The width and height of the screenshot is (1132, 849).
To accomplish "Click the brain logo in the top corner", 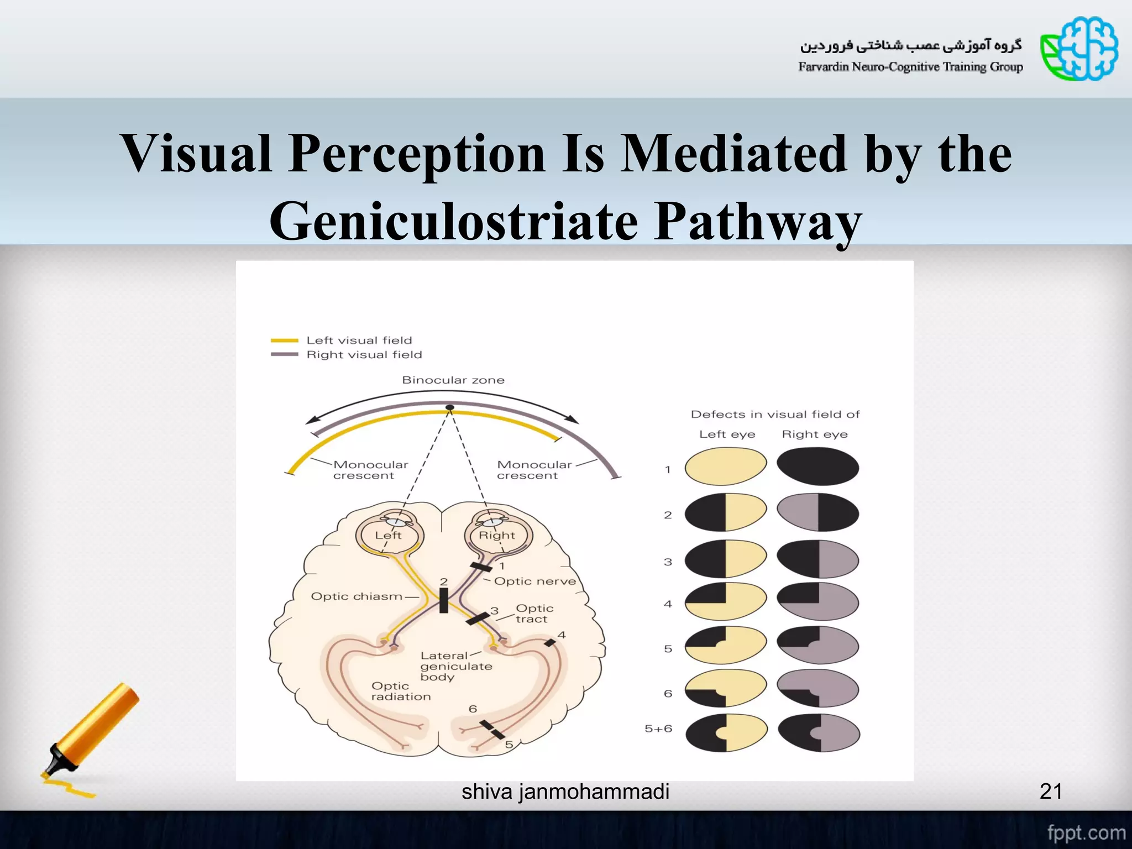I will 1079,49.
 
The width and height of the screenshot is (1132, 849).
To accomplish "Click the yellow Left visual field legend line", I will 284,340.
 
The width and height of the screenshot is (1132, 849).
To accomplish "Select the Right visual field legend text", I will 364,355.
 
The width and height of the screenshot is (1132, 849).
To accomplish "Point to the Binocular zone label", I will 453,380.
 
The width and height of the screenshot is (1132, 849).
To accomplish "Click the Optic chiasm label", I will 357,596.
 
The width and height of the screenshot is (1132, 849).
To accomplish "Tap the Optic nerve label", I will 534,581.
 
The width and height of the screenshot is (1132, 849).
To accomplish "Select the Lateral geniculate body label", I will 455,666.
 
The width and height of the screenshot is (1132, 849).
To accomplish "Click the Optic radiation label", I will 400,691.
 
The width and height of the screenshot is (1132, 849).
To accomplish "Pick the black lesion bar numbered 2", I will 443,601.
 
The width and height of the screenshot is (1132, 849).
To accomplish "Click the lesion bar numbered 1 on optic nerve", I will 481,567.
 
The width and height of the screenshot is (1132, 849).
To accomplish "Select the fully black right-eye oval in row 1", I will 817,467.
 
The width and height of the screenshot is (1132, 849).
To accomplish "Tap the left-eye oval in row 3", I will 726,559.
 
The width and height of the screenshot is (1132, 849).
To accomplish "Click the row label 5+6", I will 658,729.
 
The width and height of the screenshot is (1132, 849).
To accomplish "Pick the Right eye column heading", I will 814,434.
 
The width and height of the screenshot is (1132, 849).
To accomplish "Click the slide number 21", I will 1051,792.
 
